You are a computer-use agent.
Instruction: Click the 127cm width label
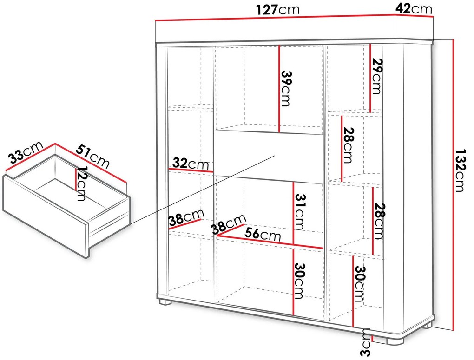pyautogui.click(x=277, y=10)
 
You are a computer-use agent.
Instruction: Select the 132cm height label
pyautogui.click(x=460, y=170)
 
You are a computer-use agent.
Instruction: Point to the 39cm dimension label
pyautogui.click(x=286, y=88)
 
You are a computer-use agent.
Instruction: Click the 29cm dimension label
pyautogui.click(x=377, y=76)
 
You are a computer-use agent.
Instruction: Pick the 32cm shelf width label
pyautogui.click(x=191, y=164)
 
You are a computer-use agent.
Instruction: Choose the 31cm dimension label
pyautogui.click(x=300, y=212)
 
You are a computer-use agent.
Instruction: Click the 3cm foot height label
pyautogui.click(x=366, y=342)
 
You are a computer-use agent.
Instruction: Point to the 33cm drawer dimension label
pyautogui.click(x=26, y=152)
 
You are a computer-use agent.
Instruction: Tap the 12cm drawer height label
pyautogui.click(x=81, y=183)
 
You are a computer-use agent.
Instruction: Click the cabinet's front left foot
pyautogui.click(x=165, y=301)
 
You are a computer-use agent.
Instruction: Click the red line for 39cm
pyautogui.click(x=279, y=89)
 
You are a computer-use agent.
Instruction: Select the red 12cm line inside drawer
pyautogui.click(x=76, y=179)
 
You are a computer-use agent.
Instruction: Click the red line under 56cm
pyautogui.click(x=270, y=242)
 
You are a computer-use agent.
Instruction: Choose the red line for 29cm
pyautogui.click(x=370, y=78)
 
